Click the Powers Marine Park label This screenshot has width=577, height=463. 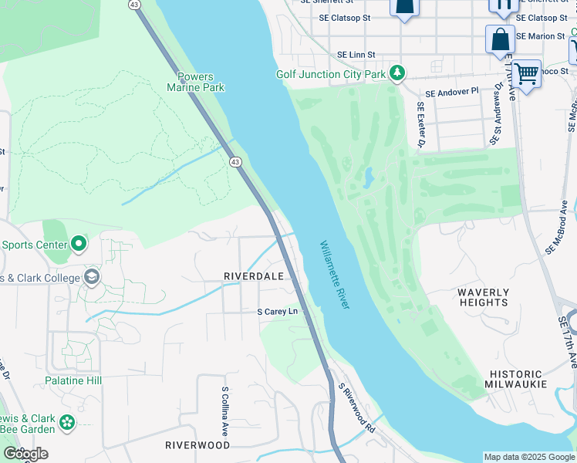click(196, 82)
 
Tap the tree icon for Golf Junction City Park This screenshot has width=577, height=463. click(397, 73)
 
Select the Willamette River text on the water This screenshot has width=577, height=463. click(336, 275)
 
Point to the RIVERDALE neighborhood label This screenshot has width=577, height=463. click(254, 275)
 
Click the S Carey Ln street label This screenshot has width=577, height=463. click(277, 312)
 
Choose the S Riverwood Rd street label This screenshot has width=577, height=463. click(356, 407)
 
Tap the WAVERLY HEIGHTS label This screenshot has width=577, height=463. click(483, 297)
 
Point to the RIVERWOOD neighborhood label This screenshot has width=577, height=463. click(197, 445)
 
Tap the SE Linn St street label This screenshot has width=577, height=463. click(356, 55)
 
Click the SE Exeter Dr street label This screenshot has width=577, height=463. click(421, 125)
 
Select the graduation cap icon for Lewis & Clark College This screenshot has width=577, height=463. click(92, 277)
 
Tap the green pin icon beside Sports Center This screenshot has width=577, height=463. click(79, 245)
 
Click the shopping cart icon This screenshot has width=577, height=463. click(526, 75)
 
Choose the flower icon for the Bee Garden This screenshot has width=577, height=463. click(68, 422)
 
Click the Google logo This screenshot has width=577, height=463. click(25, 454)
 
